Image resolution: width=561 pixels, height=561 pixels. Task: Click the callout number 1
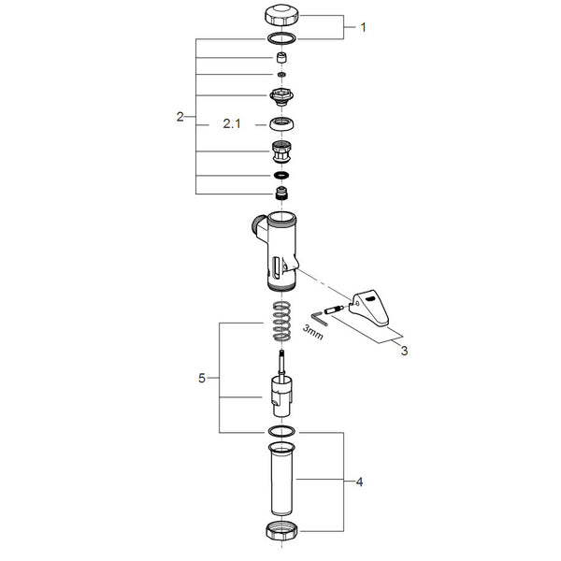click(x=363, y=27)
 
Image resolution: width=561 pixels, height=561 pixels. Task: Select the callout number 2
click(x=180, y=117)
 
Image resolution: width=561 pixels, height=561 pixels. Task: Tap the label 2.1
click(x=232, y=123)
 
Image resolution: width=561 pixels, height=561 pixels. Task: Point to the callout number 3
click(x=404, y=351)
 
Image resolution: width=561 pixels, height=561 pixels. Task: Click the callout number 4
click(x=360, y=482)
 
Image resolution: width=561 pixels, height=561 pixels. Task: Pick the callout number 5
click(x=202, y=378)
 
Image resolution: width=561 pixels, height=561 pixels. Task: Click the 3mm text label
click(x=313, y=332)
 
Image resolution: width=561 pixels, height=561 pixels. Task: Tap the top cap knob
click(x=282, y=15)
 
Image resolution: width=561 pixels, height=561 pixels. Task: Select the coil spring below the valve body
click(x=281, y=322)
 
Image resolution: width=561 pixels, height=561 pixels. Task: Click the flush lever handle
click(x=369, y=307)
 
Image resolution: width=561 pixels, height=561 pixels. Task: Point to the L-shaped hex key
click(x=319, y=319)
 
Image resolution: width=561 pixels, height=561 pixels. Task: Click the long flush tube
click(x=281, y=479)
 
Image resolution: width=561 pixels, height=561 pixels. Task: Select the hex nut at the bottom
click(x=282, y=531)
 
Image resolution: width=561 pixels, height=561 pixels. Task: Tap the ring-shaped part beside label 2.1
click(x=282, y=123)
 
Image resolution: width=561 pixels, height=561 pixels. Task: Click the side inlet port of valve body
click(x=259, y=227)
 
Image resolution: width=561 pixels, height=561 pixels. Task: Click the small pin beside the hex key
click(x=335, y=309)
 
